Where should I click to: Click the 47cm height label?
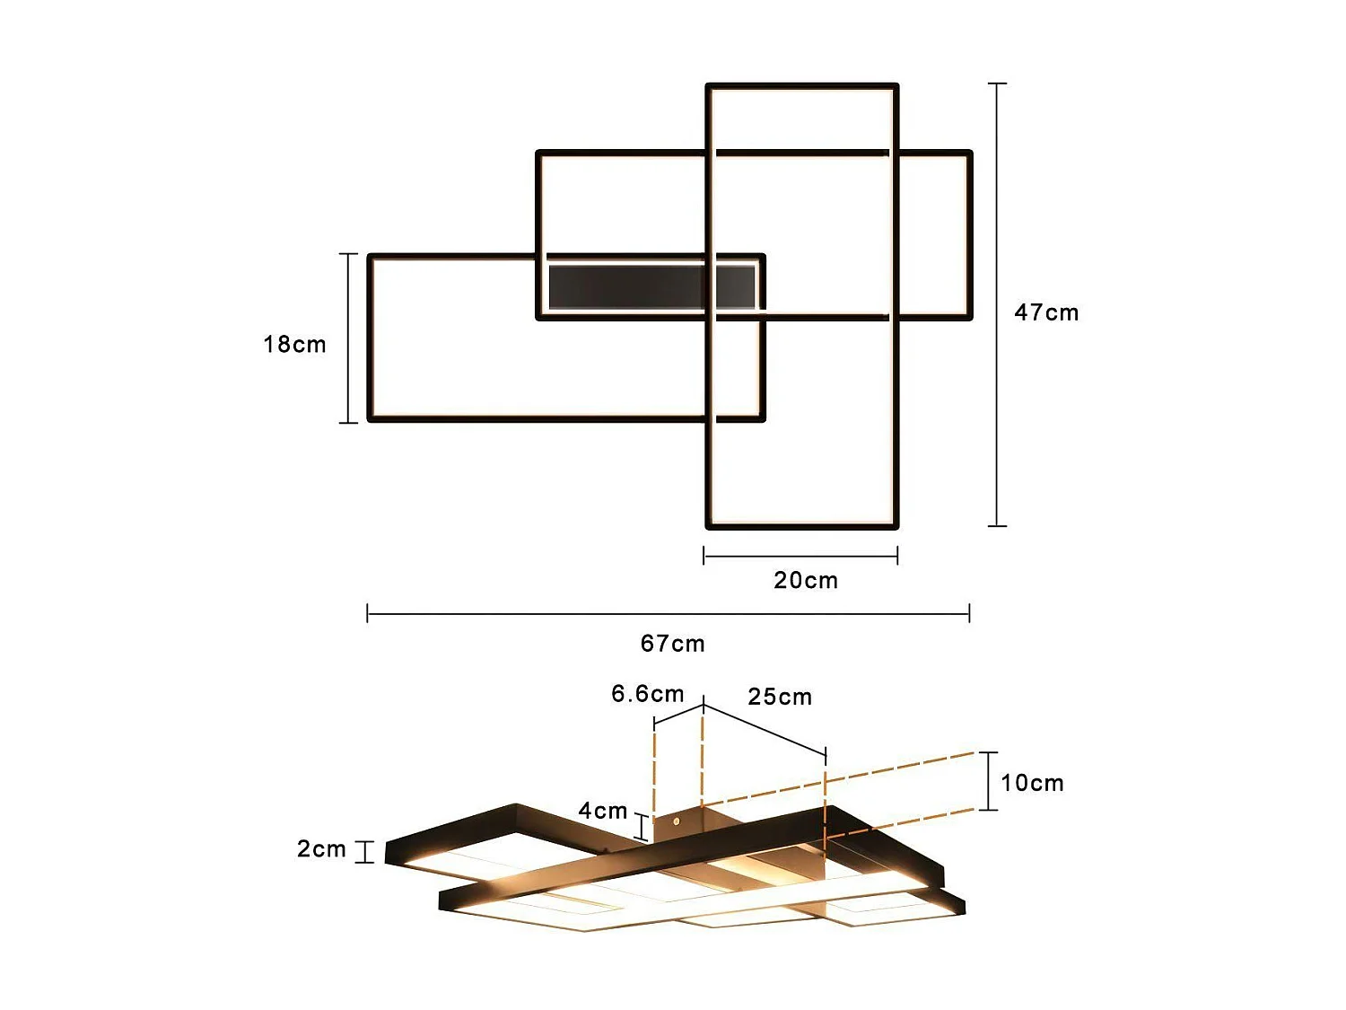click(x=1046, y=312)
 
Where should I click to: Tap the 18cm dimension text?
click(x=294, y=344)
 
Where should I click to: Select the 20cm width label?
click(x=806, y=580)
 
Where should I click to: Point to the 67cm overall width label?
click(x=672, y=643)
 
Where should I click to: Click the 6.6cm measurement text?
click(x=647, y=694)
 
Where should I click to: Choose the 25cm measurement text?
click(x=780, y=697)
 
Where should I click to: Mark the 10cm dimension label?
click(x=1032, y=783)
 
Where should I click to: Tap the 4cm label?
click(x=602, y=811)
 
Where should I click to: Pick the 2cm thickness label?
click(x=321, y=848)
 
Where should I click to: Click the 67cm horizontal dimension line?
click(x=669, y=614)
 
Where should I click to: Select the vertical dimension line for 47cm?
click(x=997, y=304)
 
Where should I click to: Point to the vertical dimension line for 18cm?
click(x=348, y=338)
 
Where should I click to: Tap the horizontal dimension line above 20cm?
click(x=800, y=557)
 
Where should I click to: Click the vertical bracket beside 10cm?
click(x=988, y=781)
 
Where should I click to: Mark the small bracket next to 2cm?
click(x=364, y=851)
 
